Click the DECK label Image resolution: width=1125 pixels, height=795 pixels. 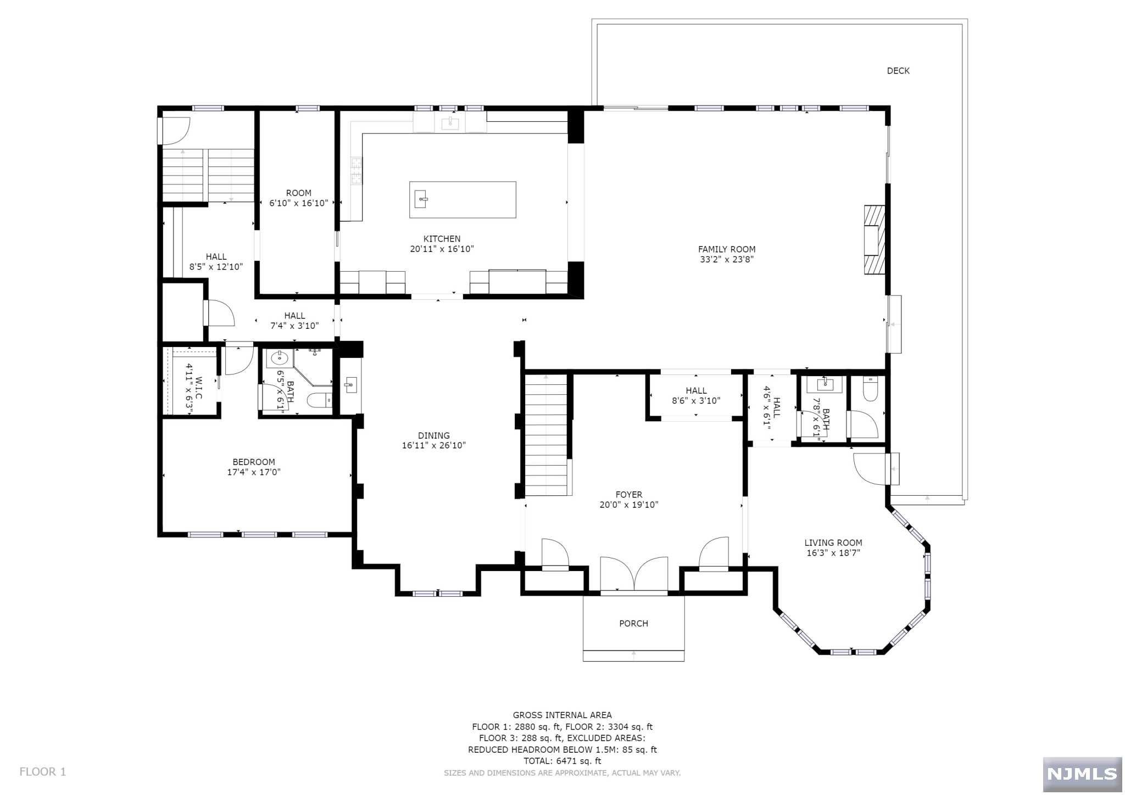pos(898,71)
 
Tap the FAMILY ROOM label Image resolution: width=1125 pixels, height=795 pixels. pos(727,249)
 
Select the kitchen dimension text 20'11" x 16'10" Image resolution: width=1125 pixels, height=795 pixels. pos(442,249)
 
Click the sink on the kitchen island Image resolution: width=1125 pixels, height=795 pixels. pos(422,198)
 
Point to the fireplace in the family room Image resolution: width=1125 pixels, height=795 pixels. pos(875,239)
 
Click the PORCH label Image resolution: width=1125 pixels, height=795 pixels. pos(633,623)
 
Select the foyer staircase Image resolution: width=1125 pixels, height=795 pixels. pos(546,435)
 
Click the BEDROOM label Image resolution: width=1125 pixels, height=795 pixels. pos(254,462)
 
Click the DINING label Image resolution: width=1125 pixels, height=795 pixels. pos(433,435)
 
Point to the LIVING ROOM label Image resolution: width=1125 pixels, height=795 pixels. pos(833,542)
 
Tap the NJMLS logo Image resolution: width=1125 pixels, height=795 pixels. pos(1082,774)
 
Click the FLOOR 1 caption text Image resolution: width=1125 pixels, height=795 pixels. pos(43,771)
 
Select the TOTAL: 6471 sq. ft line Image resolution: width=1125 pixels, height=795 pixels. pos(562,761)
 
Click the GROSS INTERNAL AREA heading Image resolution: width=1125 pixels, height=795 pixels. pos(562,715)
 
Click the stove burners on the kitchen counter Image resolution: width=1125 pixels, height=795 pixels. pos(357,170)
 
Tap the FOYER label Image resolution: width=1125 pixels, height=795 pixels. pos(629,495)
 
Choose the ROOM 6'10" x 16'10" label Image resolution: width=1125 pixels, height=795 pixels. pos(299,198)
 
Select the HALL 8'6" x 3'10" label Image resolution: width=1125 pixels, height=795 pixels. pos(696,395)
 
